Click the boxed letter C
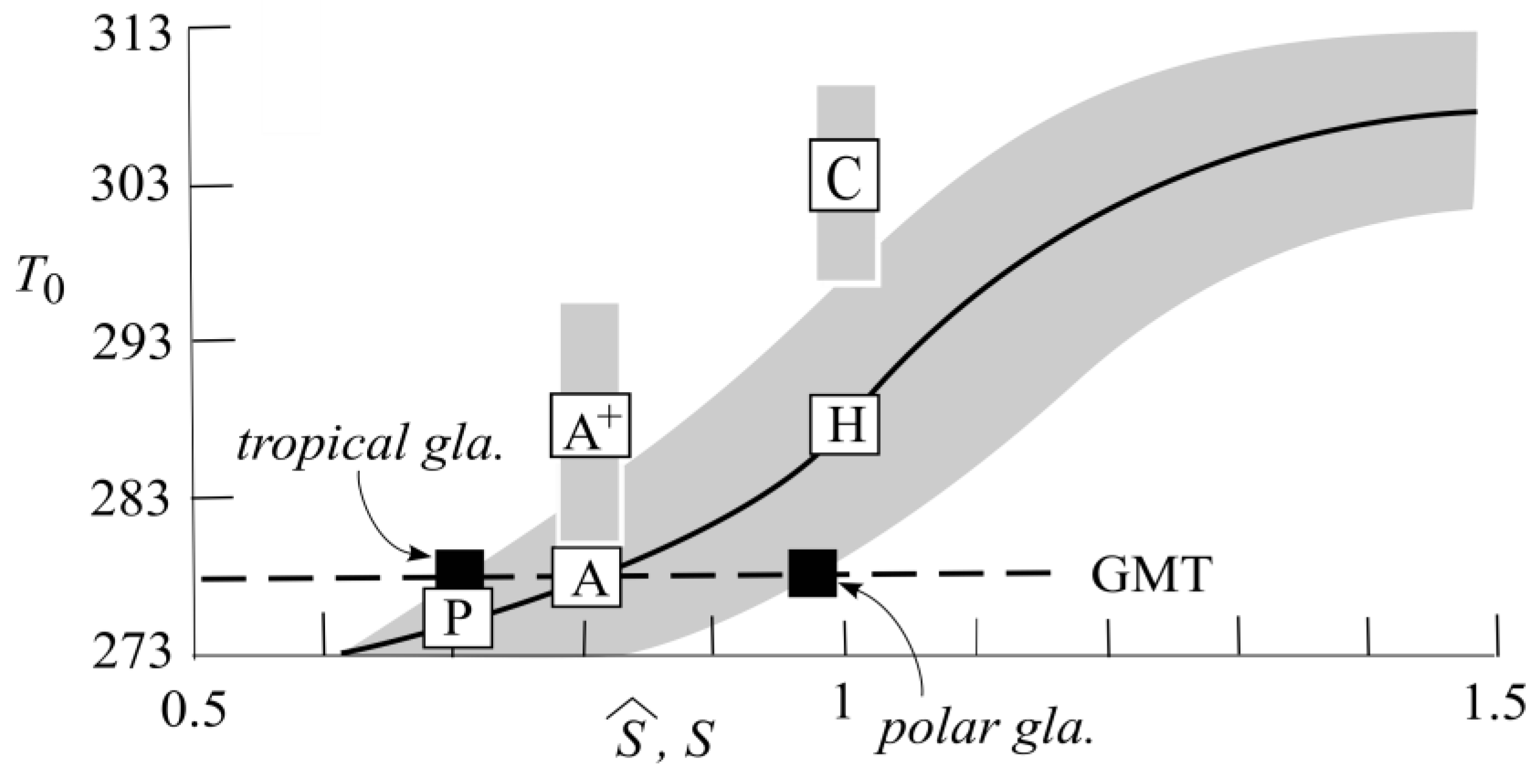(x=843, y=175)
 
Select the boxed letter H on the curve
(x=844, y=424)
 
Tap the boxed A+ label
(x=590, y=425)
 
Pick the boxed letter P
(x=458, y=617)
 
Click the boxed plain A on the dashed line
(x=587, y=577)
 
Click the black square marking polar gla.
(x=812, y=572)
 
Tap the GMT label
(x=1148, y=575)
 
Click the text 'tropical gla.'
(x=370, y=443)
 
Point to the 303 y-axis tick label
(x=130, y=184)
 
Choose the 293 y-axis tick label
(x=130, y=341)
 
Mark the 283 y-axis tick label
(x=130, y=498)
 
